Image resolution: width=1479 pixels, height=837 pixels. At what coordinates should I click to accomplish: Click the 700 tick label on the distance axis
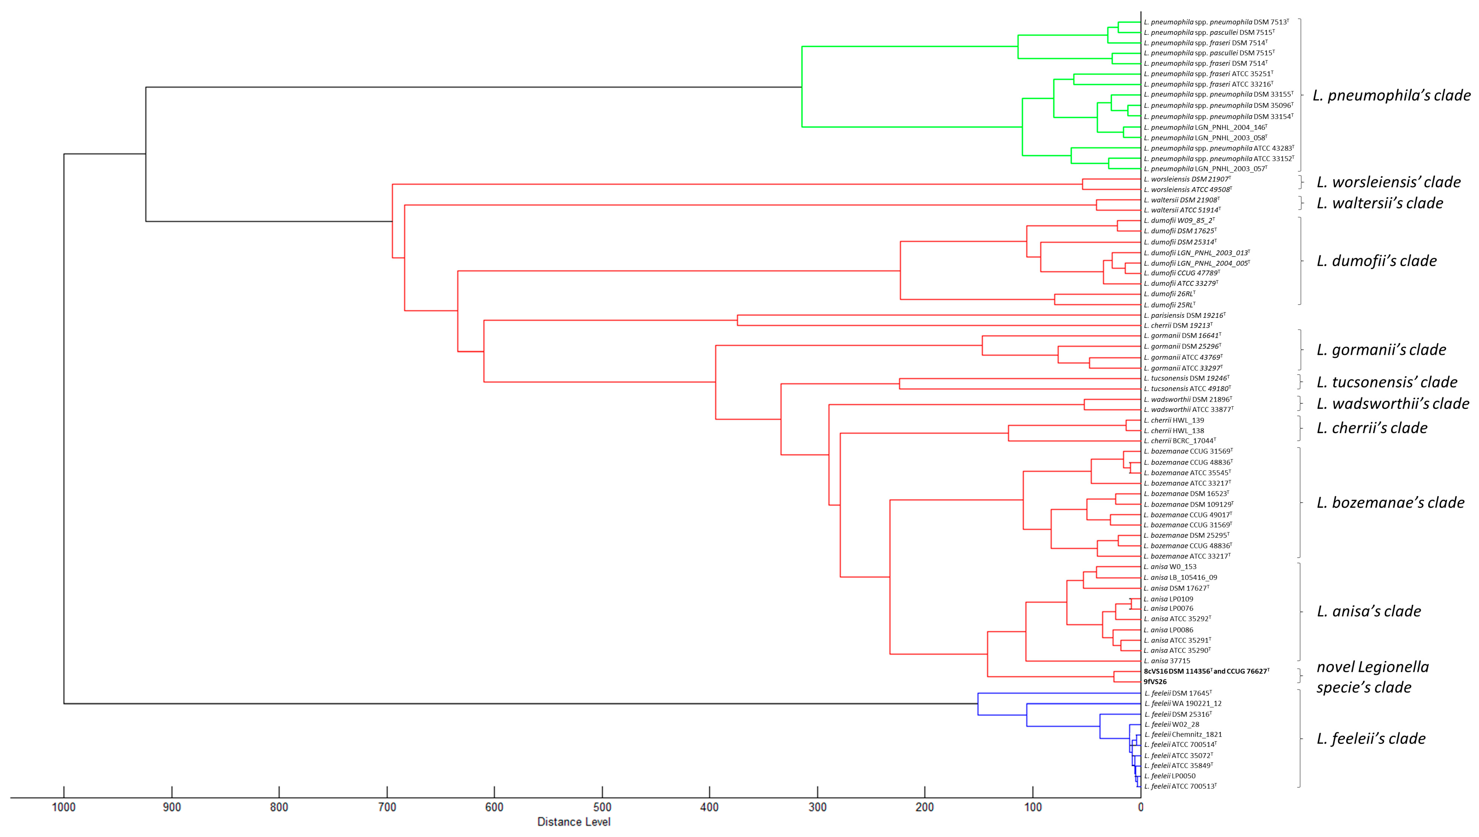pyautogui.click(x=387, y=807)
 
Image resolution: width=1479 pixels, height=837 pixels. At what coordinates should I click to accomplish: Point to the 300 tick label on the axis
pyautogui.click(x=817, y=807)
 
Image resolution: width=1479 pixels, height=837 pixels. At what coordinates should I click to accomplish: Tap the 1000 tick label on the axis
pyautogui.click(x=64, y=807)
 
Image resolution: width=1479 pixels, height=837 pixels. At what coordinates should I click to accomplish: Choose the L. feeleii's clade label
pyautogui.click(x=1371, y=739)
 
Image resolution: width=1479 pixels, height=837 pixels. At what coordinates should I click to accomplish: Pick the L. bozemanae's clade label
pyautogui.click(x=1390, y=503)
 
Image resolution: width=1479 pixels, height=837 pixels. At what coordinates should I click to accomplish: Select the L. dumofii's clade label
pyautogui.click(x=1377, y=261)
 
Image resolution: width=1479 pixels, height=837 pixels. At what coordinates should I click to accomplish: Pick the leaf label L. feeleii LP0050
pyautogui.click(x=1170, y=776)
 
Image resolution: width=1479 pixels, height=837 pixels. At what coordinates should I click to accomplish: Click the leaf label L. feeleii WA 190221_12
pyautogui.click(x=1183, y=704)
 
